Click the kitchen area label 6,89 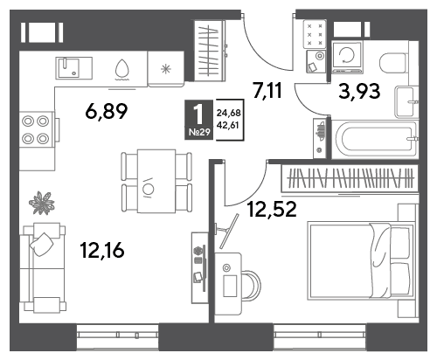(107, 112)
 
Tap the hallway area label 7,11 (267, 90)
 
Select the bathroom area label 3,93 (359, 91)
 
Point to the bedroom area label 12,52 (272, 209)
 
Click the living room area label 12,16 (102, 251)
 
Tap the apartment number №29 (199, 132)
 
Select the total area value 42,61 (227, 125)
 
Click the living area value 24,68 (228, 113)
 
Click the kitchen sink (73, 68)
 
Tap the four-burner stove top (37, 129)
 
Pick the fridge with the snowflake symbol (166, 69)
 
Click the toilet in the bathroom (393, 62)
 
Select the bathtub (375, 140)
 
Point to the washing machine (347, 56)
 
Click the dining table (156, 181)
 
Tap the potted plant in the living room (42, 203)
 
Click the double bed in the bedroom (361, 261)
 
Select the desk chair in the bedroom (251, 285)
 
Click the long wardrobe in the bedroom (350, 178)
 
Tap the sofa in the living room (43, 268)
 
